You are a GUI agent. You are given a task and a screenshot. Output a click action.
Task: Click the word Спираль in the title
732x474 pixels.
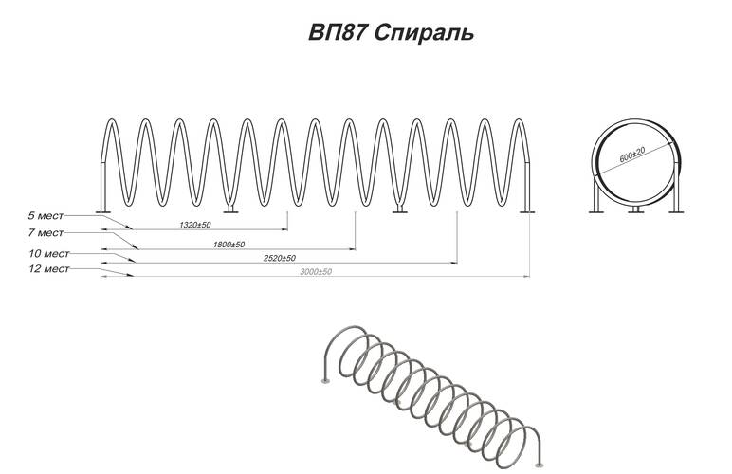click(424, 33)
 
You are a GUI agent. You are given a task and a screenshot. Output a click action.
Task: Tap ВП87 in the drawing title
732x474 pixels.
click(336, 32)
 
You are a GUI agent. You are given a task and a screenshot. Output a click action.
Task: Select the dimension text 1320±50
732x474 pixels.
click(195, 225)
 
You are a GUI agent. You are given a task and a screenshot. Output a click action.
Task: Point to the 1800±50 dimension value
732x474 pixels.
click(229, 245)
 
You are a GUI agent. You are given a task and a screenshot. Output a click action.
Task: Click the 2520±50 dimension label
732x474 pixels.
click(280, 258)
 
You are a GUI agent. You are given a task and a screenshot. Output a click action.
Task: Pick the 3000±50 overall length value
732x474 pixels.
click(316, 271)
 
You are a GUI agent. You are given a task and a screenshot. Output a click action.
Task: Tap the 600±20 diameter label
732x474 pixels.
click(632, 155)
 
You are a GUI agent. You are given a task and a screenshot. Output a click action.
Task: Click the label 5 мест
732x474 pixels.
click(46, 216)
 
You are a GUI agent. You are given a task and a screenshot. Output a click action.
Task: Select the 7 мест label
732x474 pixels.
click(46, 233)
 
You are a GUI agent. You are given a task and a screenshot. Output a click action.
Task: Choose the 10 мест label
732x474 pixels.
click(49, 254)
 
